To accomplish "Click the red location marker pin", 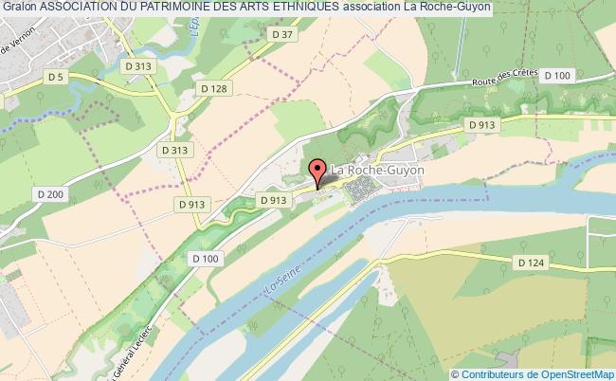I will coord(318,172).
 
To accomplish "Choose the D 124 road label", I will coord(531,262).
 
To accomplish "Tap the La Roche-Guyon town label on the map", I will coord(377,170).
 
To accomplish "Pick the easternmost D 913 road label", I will coord(482,124).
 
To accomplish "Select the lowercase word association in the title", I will coord(371,9).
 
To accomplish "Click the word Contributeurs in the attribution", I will coord(493,374).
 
